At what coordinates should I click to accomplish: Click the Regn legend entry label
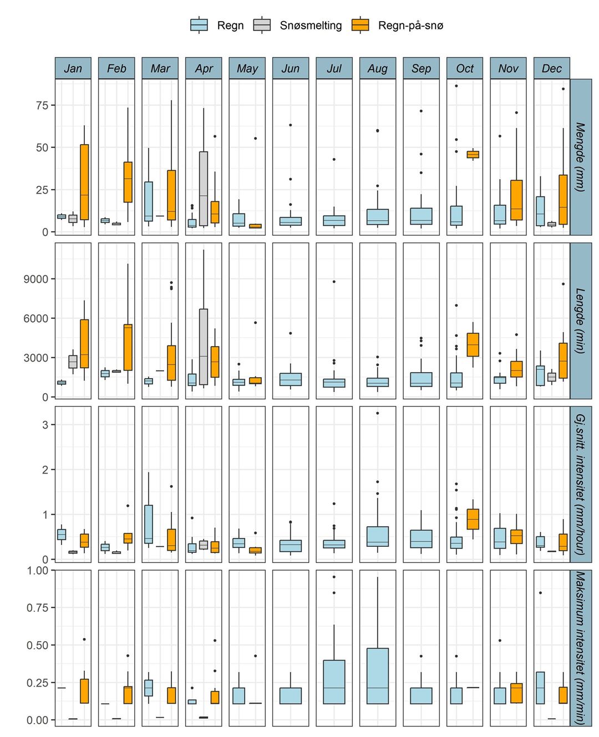pos(230,26)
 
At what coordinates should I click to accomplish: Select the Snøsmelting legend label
pos(311,26)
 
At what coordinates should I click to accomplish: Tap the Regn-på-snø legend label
pos(410,26)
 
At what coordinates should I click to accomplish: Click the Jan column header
pos(73,68)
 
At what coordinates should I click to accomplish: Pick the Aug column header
pos(378,68)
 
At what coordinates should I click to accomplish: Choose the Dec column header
pos(552,68)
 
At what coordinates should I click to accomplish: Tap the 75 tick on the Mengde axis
pos(42,105)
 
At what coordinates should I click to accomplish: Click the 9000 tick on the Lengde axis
pos(35,279)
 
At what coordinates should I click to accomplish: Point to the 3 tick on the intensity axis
pos(45,425)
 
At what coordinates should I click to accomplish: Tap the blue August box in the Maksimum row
pos(378,676)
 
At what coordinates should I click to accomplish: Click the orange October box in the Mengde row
pos(473,155)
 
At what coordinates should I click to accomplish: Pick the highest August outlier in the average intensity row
pos(378,413)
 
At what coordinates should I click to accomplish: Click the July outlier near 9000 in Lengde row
pos(334,282)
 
